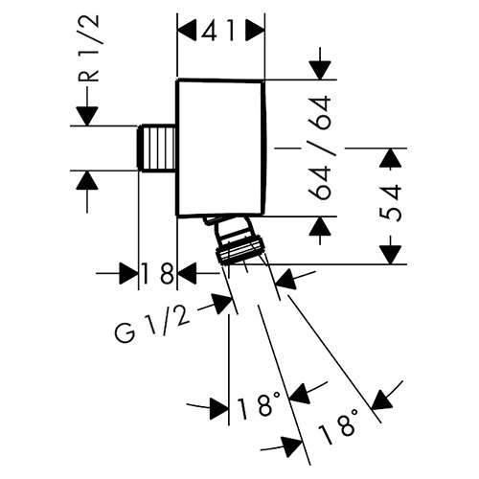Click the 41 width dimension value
218,31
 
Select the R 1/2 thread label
89,49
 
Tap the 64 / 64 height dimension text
320,148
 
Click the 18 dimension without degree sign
158,273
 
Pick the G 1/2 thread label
152,325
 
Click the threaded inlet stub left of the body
157,148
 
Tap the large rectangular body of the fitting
221,148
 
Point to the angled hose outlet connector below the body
238,239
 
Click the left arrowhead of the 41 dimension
187,31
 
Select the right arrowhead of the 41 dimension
256,31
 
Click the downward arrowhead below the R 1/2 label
87,116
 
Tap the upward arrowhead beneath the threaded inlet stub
87,180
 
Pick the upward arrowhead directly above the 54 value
390,158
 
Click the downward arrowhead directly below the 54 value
390,255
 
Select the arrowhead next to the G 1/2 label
222,304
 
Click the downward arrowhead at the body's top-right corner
320,70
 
